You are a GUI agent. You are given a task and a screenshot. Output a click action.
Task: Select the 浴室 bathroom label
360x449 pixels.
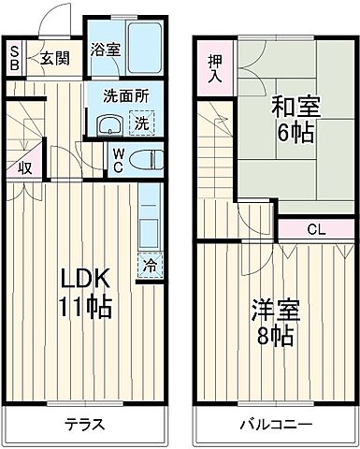pos(104,51)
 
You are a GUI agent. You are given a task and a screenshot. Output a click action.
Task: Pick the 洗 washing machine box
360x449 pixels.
pos(139,122)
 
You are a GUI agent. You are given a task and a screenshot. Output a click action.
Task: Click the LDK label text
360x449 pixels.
pos(86,278)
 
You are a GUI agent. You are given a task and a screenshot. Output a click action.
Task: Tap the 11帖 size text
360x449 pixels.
pos(86,306)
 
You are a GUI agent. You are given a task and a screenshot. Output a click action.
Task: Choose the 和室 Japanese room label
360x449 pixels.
pos(295,105)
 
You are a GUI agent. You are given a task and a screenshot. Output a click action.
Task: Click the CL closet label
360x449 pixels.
pos(315,228)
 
